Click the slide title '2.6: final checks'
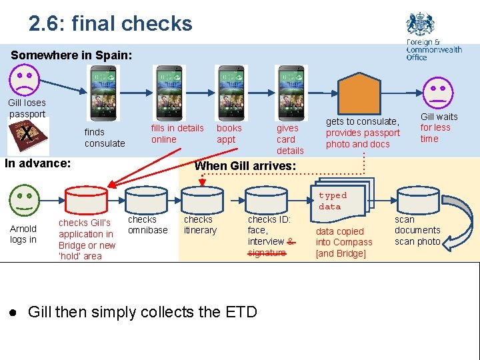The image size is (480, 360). [x=110, y=24]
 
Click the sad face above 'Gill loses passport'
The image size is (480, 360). [x=25, y=79]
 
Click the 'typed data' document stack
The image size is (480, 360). [x=343, y=198]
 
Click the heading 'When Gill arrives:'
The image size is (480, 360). [x=245, y=165]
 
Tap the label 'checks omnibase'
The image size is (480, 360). [x=147, y=225]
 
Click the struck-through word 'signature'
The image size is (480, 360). [x=266, y=253]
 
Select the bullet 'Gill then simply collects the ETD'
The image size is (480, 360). [x=142, y=312]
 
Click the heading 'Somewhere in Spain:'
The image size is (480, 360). [x=71, y=55]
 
